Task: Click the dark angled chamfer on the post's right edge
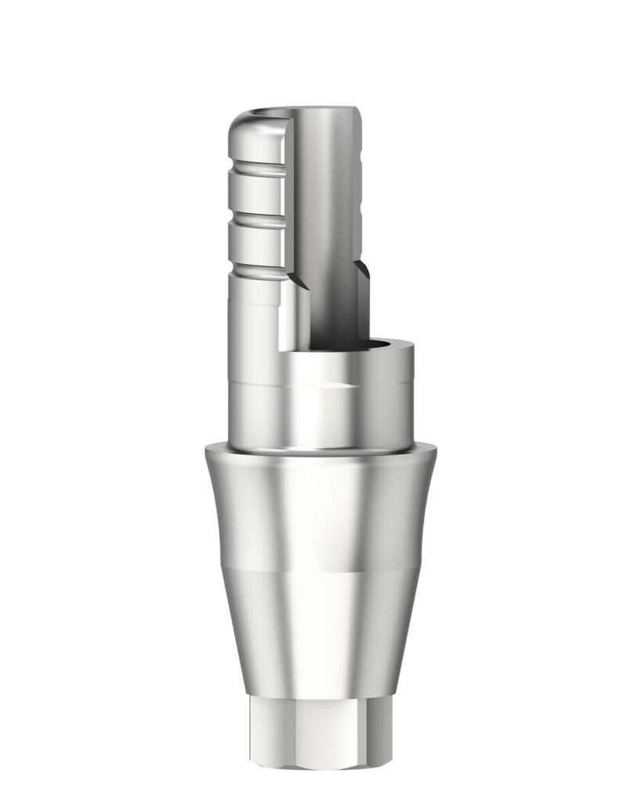[363, 274]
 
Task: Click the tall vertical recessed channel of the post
[325, 235]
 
